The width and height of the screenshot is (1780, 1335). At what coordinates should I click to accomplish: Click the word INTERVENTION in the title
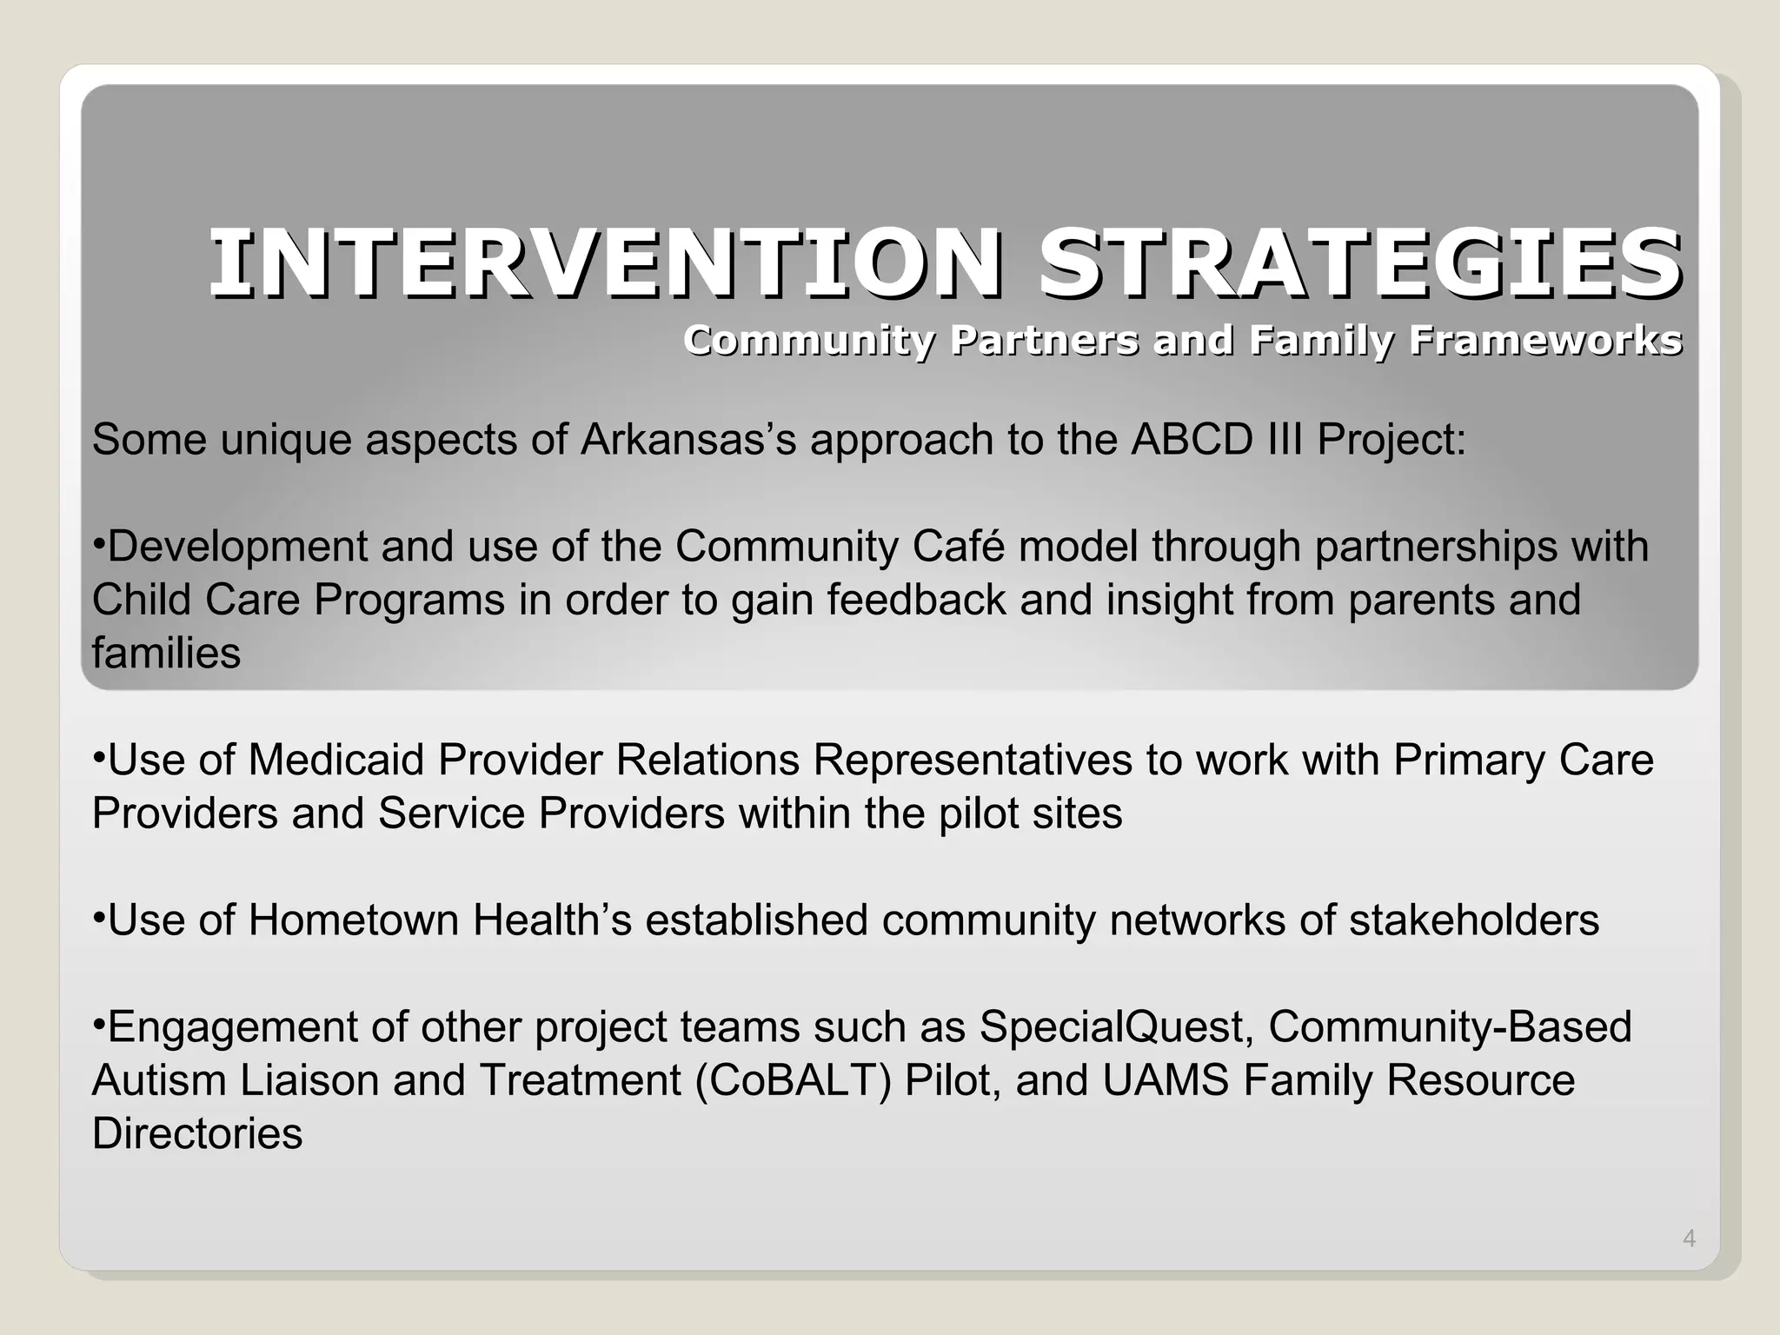coord(604,263)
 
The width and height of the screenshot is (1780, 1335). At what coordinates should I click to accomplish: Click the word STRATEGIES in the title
coord(1359,263)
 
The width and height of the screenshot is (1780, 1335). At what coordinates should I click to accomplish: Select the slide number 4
coord(1689,1239)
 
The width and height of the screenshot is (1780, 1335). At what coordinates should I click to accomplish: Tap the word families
coord(166,653)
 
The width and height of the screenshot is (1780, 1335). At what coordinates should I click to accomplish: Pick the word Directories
coord(197,1134)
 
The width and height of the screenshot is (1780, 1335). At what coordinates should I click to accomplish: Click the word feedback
coord(915,600)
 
